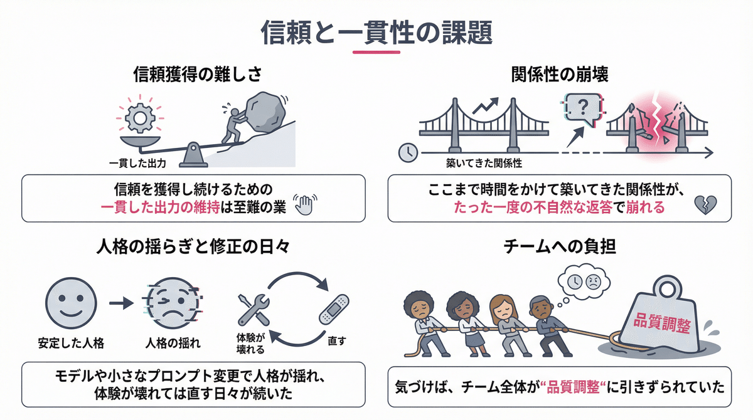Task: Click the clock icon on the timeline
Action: tap(408, 152)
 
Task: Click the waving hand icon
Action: tap(307, 206)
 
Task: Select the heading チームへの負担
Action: tap(560, 247)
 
